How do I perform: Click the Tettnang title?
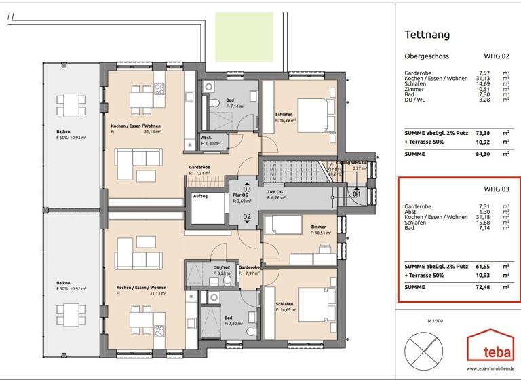[427, 35]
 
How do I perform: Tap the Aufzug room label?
[200, 196]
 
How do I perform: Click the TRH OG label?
[276, 195]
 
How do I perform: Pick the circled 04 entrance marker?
[357, 194]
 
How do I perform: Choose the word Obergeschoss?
[427, 56]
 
